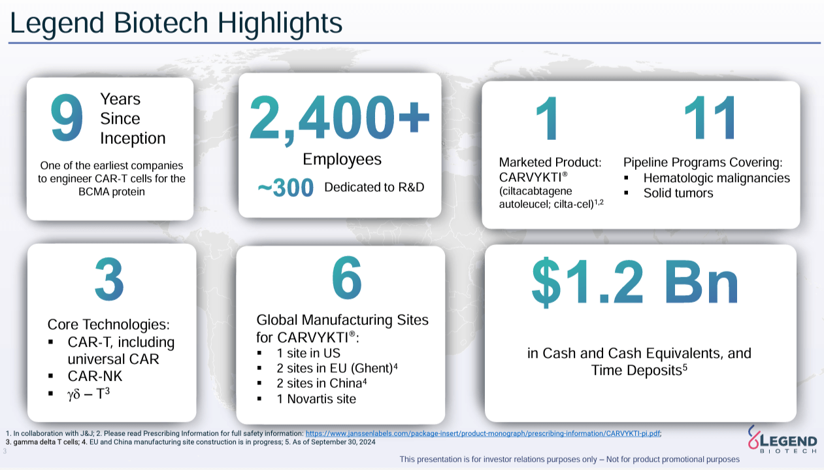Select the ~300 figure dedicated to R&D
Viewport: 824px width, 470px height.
pos(286,188)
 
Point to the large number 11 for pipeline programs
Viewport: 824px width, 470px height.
pos(710,118)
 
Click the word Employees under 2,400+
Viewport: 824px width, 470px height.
pos(342,159)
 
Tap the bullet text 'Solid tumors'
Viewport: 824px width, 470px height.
pos(678,193)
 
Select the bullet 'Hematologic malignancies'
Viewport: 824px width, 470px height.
pos(716,178)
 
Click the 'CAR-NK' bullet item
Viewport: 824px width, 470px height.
pos(95,377)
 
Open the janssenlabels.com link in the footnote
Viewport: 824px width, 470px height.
pos(483,433)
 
